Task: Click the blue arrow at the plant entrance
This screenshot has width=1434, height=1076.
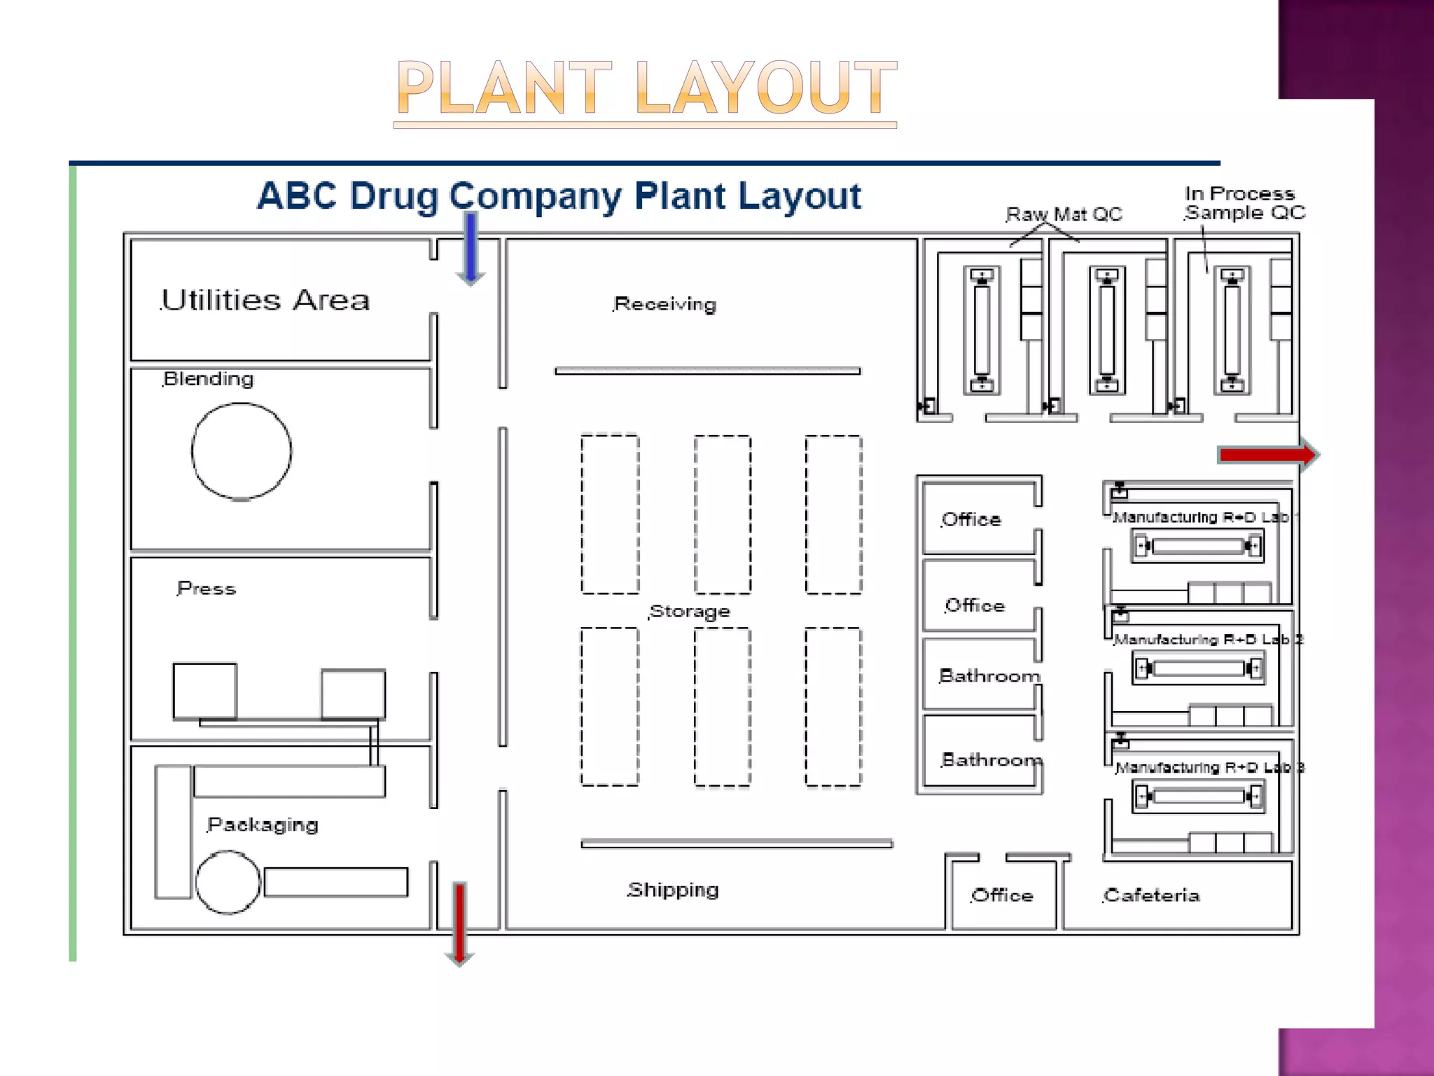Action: click(471, 249)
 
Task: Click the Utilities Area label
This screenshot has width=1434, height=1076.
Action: click(265, 300)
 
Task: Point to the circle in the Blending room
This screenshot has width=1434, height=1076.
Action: click(242, 451)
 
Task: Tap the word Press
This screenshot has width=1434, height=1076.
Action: click(207, 588)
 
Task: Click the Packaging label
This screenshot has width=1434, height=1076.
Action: click(263, 825)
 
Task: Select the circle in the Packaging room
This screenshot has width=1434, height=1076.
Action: click(228, 882)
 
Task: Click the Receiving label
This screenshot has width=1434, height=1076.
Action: click(665, 304)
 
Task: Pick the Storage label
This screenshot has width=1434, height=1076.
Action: click(690, 612)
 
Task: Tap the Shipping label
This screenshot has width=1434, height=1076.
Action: click(673, 890)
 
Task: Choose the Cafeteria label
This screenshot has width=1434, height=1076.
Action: click(1152, 895)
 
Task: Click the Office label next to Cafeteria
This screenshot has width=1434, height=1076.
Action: click(1002, 895)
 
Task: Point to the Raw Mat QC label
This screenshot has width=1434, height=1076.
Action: click(1064, 214)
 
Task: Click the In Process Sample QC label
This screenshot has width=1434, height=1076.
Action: click(1244, 203)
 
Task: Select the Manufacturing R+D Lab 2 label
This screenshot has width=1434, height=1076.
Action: click(1208, 640)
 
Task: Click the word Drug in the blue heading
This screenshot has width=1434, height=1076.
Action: click(394, 195)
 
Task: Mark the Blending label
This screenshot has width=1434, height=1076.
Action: click(209, 379)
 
